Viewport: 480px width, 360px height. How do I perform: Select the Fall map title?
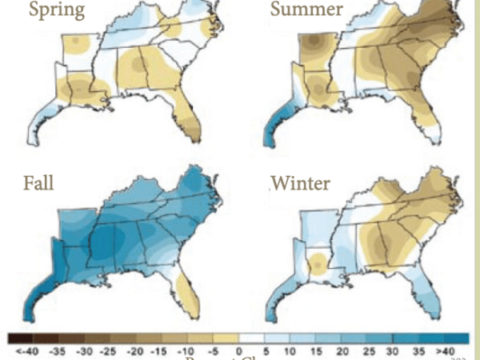[38, 184]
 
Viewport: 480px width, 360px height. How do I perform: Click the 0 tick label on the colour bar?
[238, 350]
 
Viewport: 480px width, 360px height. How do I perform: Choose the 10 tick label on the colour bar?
[290, 350]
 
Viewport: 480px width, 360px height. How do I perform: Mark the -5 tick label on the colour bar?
[213, 350]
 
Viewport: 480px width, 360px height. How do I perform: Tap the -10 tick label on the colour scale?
[186, 350]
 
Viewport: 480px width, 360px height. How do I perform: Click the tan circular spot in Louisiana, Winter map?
[318, 262]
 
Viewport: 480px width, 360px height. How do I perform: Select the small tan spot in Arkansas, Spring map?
[74, 42]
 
